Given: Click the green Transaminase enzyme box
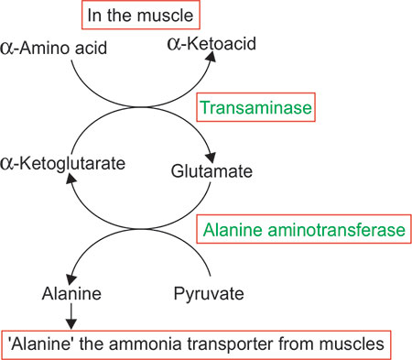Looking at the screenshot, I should pos(256,108).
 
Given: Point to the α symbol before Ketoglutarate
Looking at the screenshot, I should pos(13,164).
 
